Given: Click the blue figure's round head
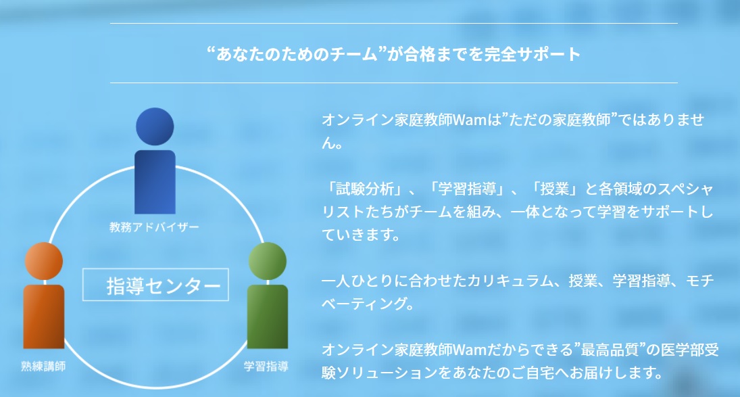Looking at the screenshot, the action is point(155,126).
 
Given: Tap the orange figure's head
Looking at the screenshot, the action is point(43,261).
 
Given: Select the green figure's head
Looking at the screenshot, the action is point(267,261).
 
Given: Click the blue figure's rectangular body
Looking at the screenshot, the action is point(155,182).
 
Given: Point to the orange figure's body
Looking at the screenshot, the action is point(43,317).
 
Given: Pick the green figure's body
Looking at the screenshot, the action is point(267,317).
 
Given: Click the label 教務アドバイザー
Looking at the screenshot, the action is point(154,227).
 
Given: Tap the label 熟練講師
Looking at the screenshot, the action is point(43,367).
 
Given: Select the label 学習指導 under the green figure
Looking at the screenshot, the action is point(266,367).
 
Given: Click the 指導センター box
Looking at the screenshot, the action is point(155,285).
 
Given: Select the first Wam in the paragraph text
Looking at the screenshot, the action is point(470,120).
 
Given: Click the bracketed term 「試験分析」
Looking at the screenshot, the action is point(365,189).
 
